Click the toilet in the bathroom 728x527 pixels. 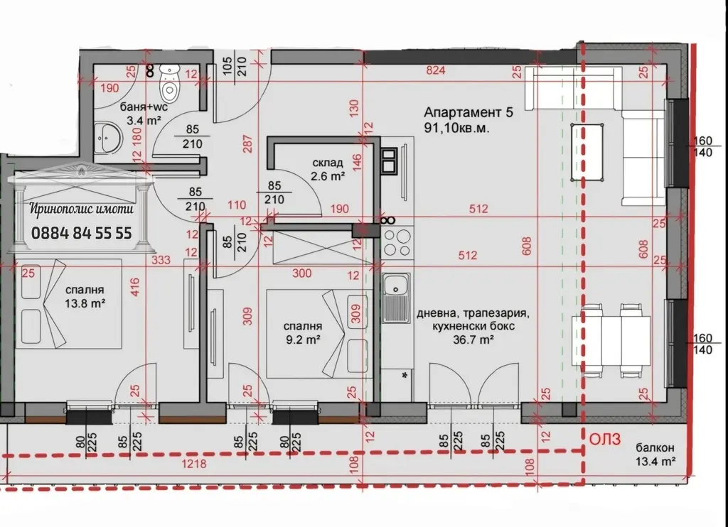pos(169,84)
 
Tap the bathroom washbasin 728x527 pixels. pos(109,137)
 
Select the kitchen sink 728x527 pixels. pos(396,298)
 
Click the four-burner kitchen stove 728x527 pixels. pos(397,243)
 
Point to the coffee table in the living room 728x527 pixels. pos(587,152)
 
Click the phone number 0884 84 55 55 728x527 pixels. pos(82,232)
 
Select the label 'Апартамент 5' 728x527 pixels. pos(469,112)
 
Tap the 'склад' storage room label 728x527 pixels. pos(328,163)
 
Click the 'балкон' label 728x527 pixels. pos(655,447)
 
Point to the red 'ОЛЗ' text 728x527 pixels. pos(605,440)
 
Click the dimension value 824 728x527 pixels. pos(436,70)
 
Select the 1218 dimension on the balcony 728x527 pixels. pos(193,463)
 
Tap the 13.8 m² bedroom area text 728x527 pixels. pos(85,304)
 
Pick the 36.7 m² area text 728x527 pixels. pos(473,339)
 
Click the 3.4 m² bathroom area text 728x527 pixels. pos(144,120)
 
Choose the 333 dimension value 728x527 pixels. pos(161,260)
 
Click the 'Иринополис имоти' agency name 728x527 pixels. pos(82,209)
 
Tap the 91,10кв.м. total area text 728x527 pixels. pos(457,128)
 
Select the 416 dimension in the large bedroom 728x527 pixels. pos(134,288)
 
